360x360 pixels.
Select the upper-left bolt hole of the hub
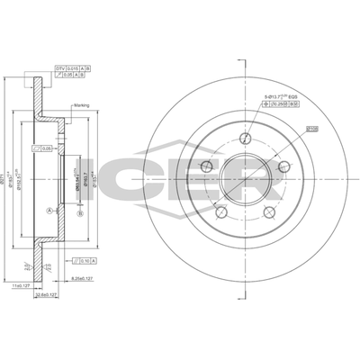tap(207, 166)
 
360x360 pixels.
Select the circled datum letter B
tap(80, 213)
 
